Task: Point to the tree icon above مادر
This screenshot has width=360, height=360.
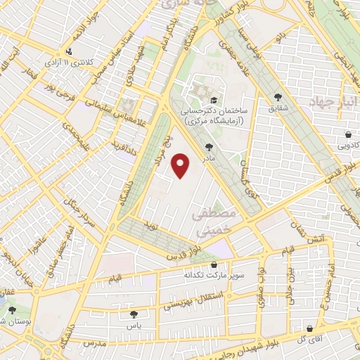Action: [208, 147]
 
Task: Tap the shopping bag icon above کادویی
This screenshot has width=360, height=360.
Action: [349, 134]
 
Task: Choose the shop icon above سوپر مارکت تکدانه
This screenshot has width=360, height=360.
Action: [214, 265]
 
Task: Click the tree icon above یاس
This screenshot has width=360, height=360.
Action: [134, 314]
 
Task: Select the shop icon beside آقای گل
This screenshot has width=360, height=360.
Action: [310, 328]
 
